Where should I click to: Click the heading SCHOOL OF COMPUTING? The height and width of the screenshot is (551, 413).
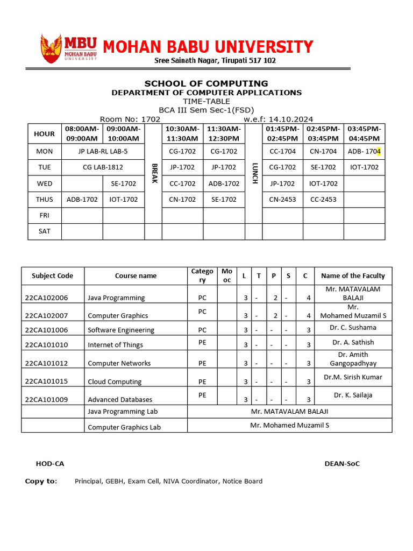coord(206,83)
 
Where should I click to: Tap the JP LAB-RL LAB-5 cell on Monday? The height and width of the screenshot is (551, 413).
coord(103,151)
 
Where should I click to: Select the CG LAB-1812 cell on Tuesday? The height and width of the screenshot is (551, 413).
coord(103,167)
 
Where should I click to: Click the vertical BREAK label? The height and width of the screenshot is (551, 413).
coord(153,174)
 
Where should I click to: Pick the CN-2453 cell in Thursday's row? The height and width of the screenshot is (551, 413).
coord(282,199)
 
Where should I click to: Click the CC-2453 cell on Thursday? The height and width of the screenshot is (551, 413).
coord(323,199)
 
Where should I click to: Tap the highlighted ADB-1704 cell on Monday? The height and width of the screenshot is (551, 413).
coord(364,151)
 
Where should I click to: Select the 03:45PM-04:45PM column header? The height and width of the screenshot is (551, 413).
coord(364,133)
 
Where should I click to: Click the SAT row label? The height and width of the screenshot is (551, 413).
coord(45,231)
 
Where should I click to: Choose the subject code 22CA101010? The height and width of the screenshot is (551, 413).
coord(47,345)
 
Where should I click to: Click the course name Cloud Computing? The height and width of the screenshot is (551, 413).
coord(115,382)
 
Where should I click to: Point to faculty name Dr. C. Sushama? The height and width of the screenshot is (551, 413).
coord(353,327)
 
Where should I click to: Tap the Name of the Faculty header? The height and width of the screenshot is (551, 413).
coord(353,275)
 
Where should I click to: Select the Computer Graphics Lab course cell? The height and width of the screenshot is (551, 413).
coord(124,427)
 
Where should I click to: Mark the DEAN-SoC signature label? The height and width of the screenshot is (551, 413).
coord(342,464)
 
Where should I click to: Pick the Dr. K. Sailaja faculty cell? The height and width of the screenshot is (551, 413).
coord(353,395)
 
